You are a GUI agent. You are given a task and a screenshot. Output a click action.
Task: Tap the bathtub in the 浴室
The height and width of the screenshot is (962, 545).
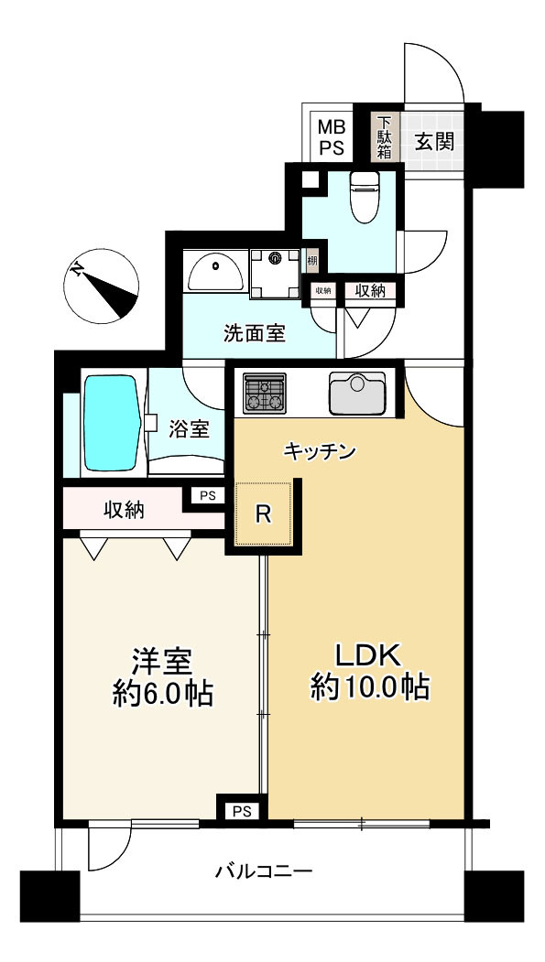pos(111,422)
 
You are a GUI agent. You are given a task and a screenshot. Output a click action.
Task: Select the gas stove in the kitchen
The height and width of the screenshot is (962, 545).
pos(265,393)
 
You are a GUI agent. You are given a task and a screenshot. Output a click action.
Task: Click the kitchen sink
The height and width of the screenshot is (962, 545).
pos(357,393)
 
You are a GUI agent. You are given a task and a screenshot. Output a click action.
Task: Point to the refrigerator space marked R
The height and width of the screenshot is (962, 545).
pos(263,513)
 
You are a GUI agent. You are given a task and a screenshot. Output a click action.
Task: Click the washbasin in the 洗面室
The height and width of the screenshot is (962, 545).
pos(216,273)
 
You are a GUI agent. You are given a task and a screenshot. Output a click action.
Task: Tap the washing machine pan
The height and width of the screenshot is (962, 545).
pos(276,273)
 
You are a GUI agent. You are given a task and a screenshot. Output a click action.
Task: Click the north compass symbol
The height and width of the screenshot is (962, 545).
pos(102,286)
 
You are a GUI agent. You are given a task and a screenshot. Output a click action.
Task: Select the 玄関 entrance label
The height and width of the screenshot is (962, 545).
pos(435,142)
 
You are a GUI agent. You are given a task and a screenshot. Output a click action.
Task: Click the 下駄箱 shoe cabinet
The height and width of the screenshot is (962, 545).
pos(385,137)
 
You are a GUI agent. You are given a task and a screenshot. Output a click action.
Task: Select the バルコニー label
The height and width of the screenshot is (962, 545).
pos(265,870)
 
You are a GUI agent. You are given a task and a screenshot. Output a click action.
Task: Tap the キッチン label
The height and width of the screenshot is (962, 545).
pos(320,452)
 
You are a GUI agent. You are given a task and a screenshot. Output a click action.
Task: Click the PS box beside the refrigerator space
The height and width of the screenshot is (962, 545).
pos(208,496)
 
